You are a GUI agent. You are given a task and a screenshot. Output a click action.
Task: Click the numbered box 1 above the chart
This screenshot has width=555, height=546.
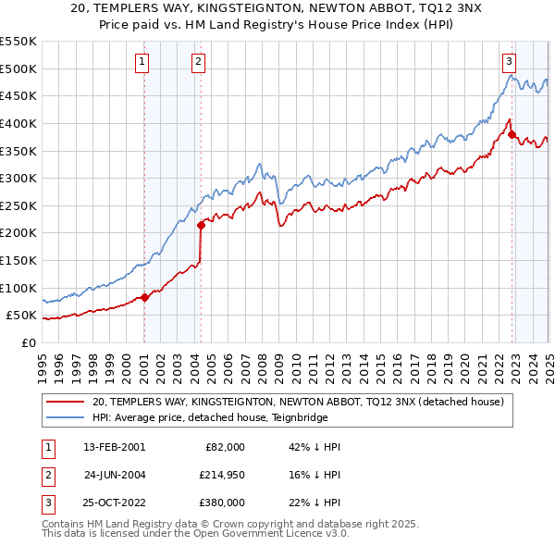(x=143, y=62)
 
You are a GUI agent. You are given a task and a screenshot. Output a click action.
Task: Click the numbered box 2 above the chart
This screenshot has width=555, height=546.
(x=199, y=62)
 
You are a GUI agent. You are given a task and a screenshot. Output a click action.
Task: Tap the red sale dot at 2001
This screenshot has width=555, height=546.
(x=145, y=297)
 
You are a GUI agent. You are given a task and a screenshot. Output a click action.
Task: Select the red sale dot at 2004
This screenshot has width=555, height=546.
(x=202, y=224)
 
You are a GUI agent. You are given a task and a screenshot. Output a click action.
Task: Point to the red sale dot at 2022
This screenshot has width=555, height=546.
(x=512, y=134)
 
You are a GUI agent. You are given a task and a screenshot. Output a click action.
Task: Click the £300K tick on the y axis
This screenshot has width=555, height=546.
(x=19, y=178)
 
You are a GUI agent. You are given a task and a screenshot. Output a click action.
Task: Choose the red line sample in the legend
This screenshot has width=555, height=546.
(x=65, y=402)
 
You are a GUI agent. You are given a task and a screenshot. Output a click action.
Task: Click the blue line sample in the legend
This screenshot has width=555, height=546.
(x=65, y=417)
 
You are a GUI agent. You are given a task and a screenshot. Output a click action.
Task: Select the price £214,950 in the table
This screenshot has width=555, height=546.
(x=222, y=476)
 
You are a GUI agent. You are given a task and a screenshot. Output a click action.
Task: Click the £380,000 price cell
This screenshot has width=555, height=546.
(x=222, y=503)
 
